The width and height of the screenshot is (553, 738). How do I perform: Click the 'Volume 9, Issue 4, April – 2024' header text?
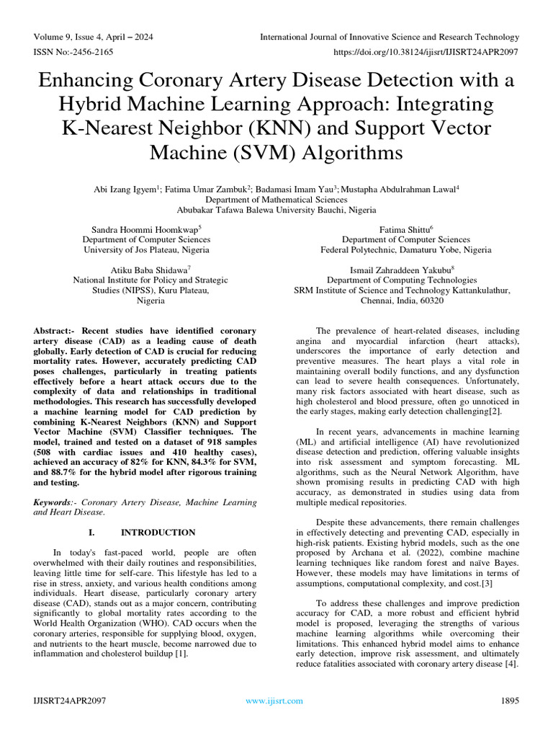pyautogui.click(x=93, y=37)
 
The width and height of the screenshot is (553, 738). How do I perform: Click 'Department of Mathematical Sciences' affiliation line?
pyautogui.click(x=276, y=200)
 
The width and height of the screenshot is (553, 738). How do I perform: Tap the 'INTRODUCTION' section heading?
pyautogui.click(x=158, y=533)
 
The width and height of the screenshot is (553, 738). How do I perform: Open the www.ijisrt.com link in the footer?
pyautogui.click(x=274, y=701)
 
